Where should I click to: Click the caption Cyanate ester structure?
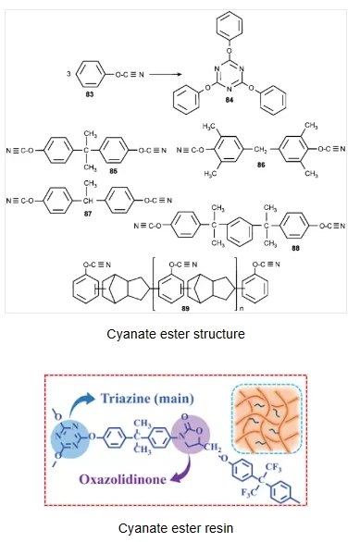(180, 334)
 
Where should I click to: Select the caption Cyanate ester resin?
(180, 528)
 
